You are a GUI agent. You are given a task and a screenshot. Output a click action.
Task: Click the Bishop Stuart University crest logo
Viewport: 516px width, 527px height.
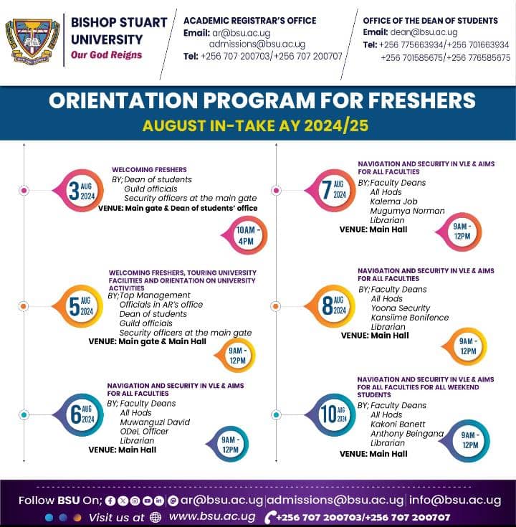[32, 39]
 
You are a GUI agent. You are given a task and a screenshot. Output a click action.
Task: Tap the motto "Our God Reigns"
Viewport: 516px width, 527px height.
[106, 55]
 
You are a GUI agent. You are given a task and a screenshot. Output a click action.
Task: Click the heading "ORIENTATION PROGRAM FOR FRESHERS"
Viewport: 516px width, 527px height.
[262, 100]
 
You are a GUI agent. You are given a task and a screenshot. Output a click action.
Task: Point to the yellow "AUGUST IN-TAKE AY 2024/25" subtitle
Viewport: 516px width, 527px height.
[255, 126]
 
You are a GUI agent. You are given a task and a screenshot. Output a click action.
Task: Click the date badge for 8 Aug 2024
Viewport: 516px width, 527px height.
[335, 305]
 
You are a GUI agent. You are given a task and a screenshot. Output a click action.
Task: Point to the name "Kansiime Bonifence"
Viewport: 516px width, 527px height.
[409, 318]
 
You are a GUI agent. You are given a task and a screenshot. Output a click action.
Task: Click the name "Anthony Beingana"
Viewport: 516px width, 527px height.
[407, 434]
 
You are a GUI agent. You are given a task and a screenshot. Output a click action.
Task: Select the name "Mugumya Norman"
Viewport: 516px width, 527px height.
[407, 212]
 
